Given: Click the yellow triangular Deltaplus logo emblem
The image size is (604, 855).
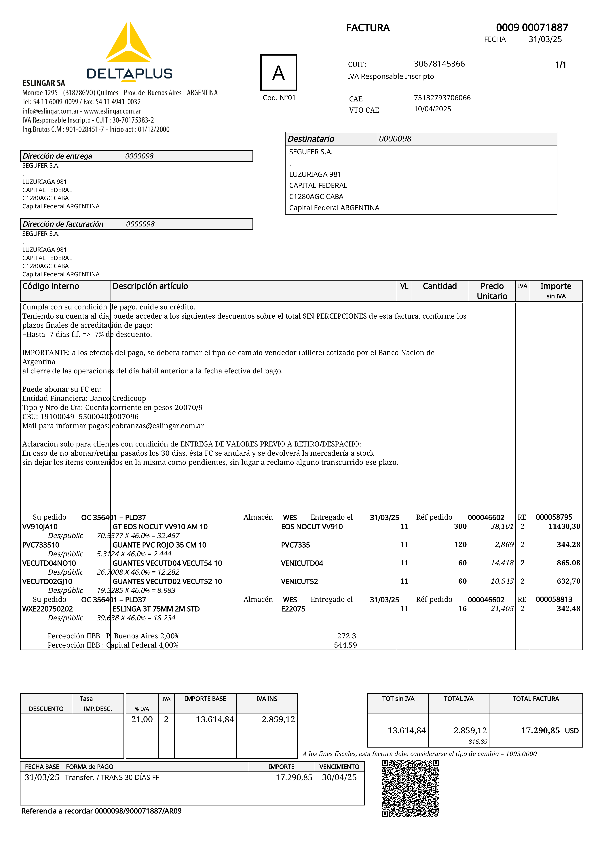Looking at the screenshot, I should click(x=128, y=43).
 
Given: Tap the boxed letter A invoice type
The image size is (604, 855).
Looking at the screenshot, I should click(x=278, y=73).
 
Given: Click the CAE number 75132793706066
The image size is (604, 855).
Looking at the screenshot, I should click(x=442, y=98).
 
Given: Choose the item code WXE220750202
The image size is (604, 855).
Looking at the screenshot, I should click(x=48, y=609).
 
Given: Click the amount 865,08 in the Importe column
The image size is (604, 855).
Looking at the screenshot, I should click(x=568, y=563).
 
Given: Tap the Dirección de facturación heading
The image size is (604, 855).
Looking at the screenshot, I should click(x=63, y=224).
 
